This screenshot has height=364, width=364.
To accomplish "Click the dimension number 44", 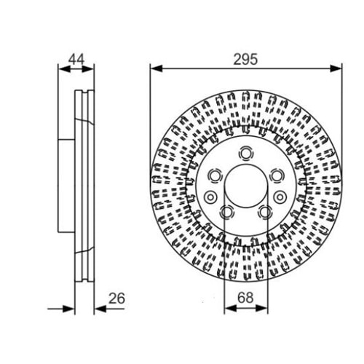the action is [76, 59].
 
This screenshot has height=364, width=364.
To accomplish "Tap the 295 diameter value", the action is [245, 59].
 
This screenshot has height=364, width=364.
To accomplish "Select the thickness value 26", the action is [116, 298].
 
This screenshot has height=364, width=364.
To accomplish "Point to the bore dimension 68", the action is [245, 298].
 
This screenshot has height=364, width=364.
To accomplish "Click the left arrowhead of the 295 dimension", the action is [156, 68].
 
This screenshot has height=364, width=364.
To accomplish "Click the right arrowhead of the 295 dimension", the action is [336, 68].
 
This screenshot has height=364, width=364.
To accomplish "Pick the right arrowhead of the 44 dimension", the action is [88, 69].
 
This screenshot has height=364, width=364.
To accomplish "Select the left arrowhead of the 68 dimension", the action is [231, 309].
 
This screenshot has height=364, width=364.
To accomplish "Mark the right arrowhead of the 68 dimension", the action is [261, 309].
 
